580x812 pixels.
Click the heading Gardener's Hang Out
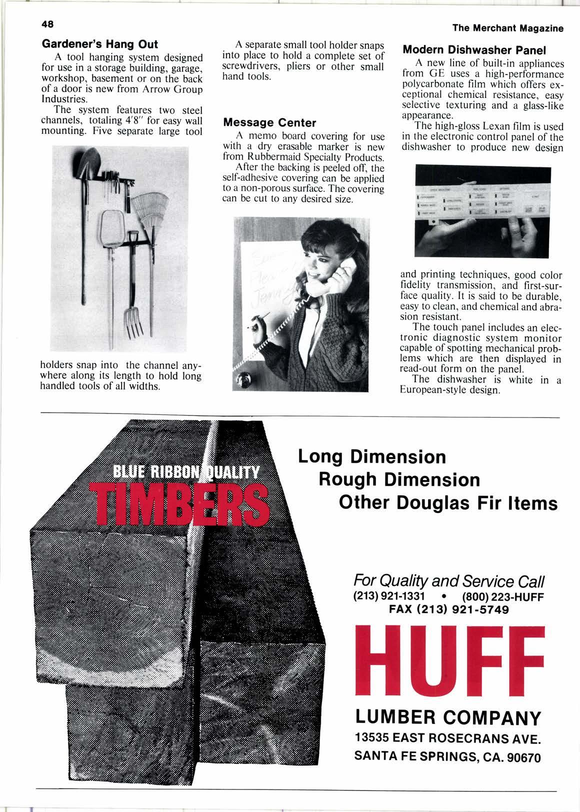tap(100, 44)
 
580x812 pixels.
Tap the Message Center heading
tap(269, 122)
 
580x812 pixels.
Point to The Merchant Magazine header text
tap(507, 28)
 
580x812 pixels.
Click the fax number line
tap(448, 609)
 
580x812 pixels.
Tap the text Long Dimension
tap(371, 456)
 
